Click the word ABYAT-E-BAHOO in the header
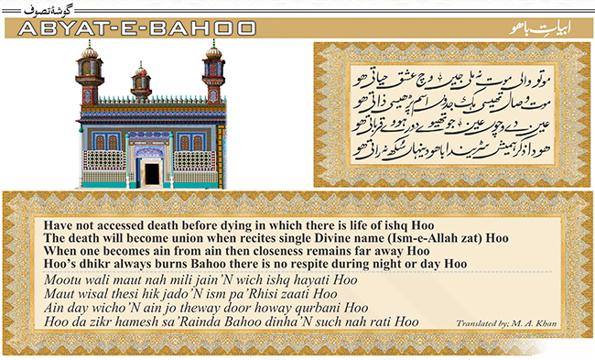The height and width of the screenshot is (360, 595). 137,27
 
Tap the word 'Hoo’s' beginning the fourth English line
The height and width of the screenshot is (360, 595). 59,264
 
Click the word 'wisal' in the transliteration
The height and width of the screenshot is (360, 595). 93,294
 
